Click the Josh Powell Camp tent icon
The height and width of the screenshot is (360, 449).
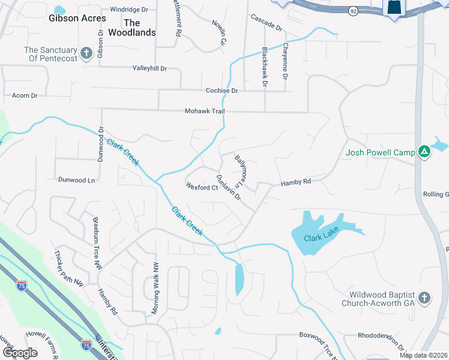[424, 152]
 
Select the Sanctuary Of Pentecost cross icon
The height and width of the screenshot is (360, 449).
[86, 54]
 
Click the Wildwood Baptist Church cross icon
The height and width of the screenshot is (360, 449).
[424, 298]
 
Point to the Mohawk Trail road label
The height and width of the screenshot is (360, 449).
[203, 112]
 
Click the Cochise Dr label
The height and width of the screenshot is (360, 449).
[222, 91]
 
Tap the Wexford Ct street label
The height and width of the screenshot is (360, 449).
[202, 188]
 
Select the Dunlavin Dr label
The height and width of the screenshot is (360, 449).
[228, 187]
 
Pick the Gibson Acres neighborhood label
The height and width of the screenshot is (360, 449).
[73, 19]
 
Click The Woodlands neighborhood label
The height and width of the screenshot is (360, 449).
[139, 28]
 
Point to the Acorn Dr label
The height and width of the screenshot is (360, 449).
[25, 95]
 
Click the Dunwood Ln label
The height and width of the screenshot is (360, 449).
[76, 180]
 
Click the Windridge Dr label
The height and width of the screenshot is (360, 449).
[128, 10]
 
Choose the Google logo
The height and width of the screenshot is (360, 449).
[20, 353]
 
